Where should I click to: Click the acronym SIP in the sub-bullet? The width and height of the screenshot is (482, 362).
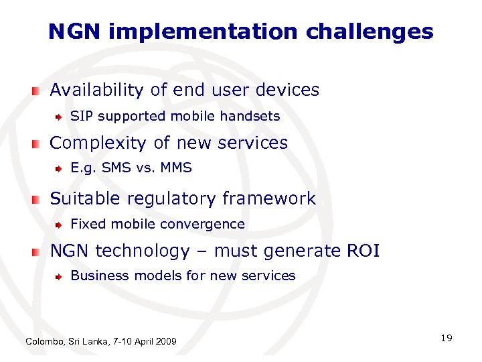click(x=80, y=116)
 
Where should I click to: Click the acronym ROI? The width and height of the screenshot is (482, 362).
click(x=363, y=251)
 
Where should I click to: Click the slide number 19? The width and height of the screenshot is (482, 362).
click(x=447, y=338)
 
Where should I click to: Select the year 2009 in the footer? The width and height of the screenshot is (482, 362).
click(x=165, y=342)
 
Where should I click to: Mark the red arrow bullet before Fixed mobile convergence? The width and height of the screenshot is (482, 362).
click(x=60, y=225)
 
